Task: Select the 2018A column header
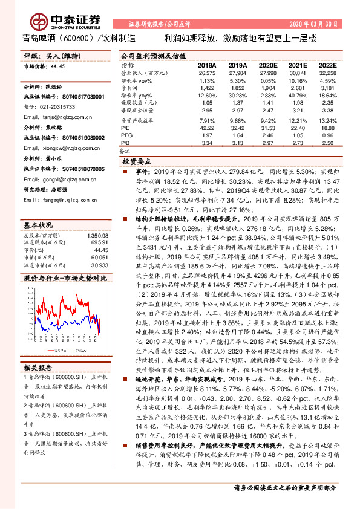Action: tap(206, 65)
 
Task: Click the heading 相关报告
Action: tap(38, 368)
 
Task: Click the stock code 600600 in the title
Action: tap(77, 37)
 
